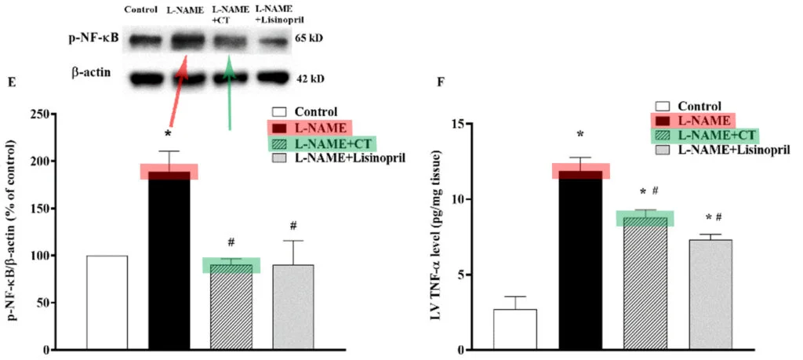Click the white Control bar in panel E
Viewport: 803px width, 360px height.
click(107, 302)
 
